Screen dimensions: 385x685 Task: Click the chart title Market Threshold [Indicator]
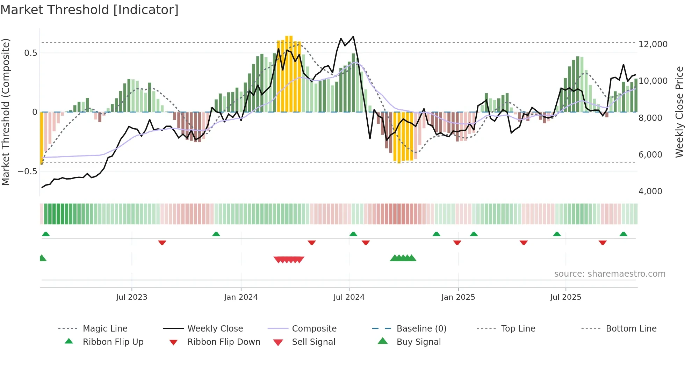(89, 10)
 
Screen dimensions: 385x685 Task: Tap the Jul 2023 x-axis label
(131, 297)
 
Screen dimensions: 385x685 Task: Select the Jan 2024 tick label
(241, 297)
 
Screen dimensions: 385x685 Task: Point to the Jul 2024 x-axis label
(349, 297)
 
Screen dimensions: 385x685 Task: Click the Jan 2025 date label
(458, 297)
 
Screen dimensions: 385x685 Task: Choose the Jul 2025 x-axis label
(565, 297)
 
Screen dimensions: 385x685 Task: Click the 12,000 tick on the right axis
(653, 44)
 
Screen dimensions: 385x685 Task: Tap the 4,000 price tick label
(650, 191)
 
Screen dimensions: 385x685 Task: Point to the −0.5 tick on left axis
(27, 171)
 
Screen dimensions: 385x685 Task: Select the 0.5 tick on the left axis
(30, 53)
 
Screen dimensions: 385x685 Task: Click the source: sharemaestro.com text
(610, 274)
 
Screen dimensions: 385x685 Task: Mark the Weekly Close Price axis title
(679, 112)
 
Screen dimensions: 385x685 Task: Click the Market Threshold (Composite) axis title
(6, 112)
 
